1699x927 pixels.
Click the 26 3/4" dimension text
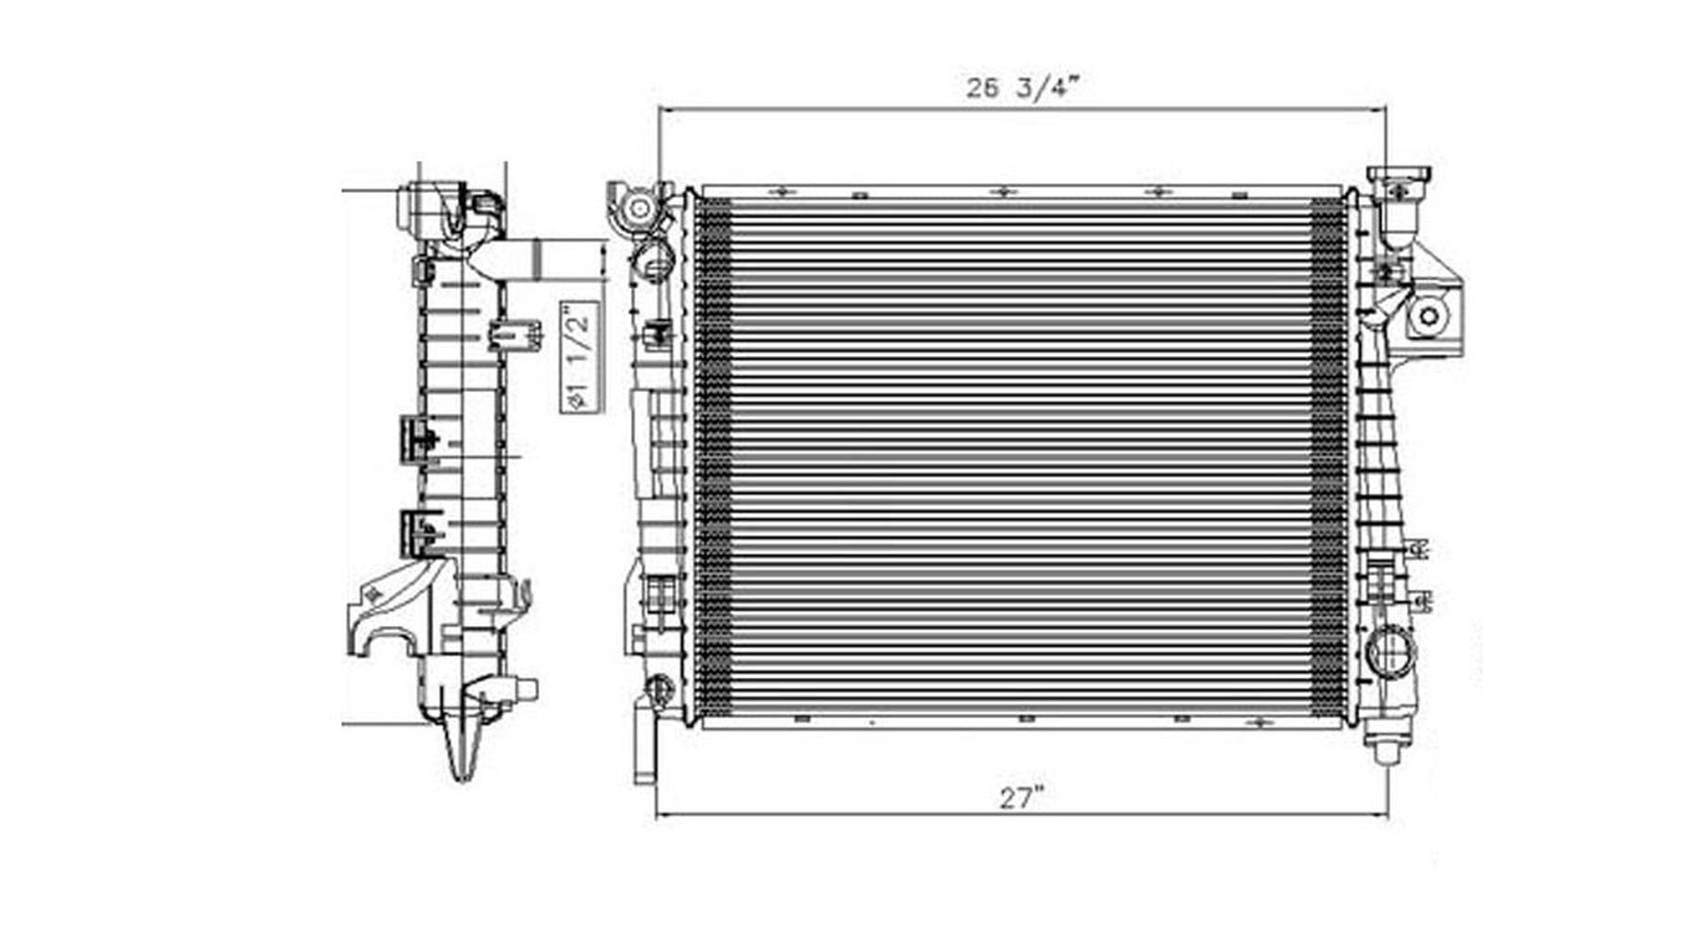pos(1022,88)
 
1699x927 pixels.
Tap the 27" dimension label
pos(1021,797)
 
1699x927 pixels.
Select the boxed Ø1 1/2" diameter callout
pos(579,357)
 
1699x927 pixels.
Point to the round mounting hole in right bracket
pos(1428,317)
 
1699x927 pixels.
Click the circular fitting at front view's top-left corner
pos(638,207)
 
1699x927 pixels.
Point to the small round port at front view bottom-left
pos(658,688)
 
